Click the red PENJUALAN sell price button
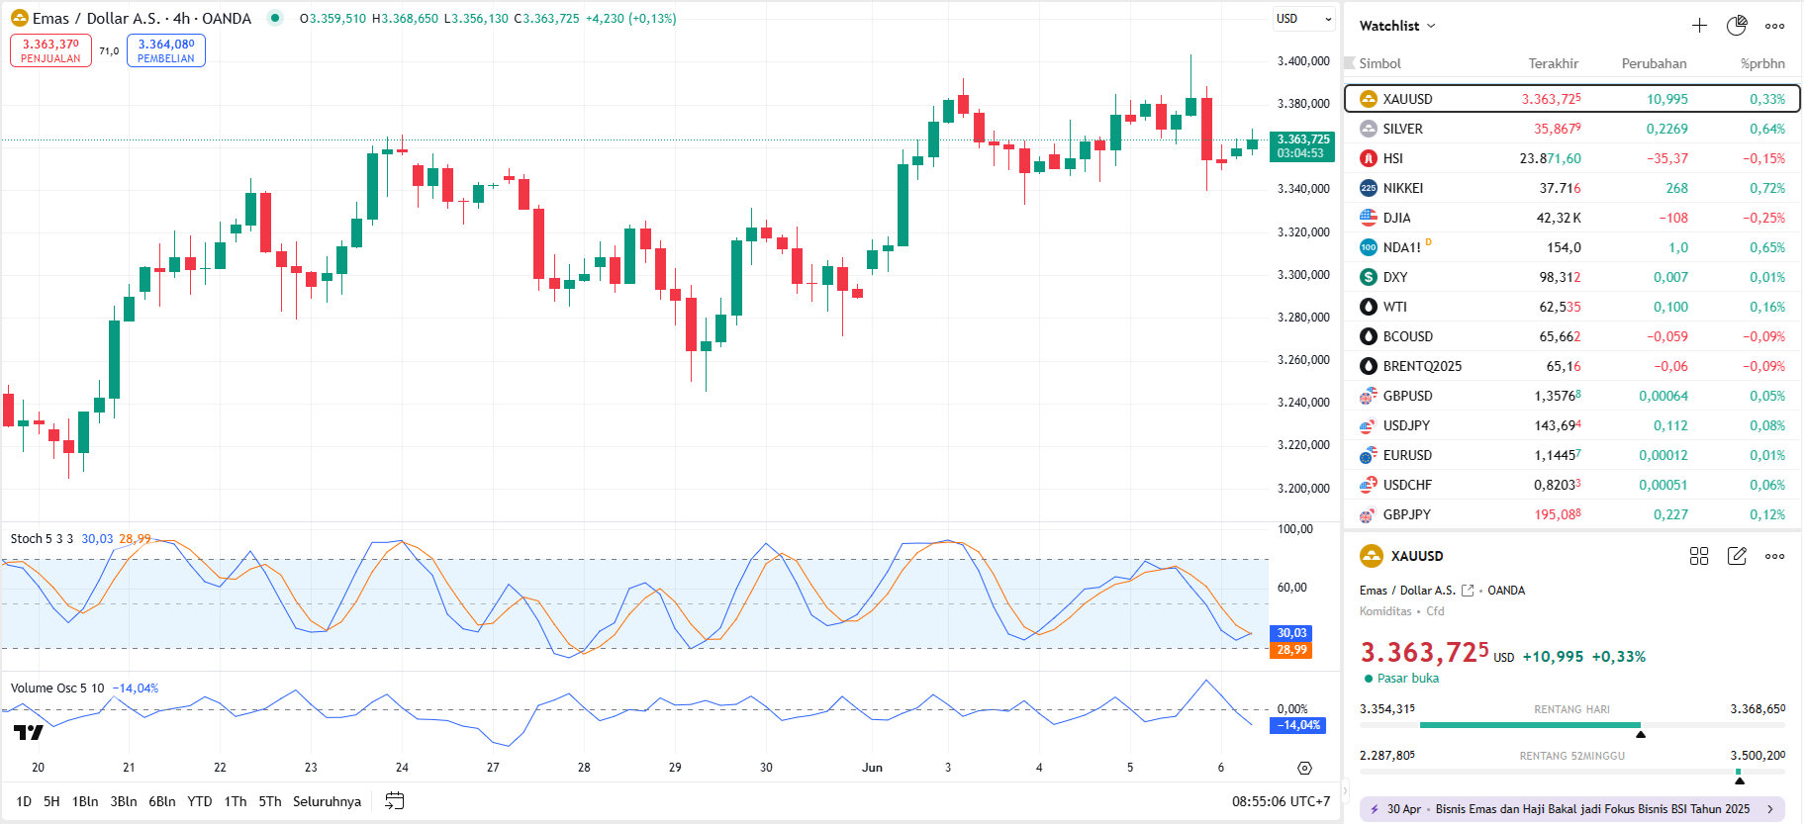(50, 50)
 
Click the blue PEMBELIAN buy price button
(166, 50)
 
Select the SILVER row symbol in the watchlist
(1402, 129)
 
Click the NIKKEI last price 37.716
(1560, 188)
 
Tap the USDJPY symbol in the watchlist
(1406, 425)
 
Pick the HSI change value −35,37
(1667, 158)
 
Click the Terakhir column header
(1553, 63)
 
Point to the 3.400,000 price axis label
(1303, 61)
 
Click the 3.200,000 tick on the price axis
(1303, 488)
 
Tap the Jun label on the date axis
(872, 768)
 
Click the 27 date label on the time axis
(493, 768)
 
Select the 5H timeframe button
(51, 801)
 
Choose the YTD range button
(200, 801)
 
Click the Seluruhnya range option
(327, 801)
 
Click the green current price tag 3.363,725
(1302, 146)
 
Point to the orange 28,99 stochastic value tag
(1290, 650)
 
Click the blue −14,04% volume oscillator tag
(1297, 725)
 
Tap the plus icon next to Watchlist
(1699, 26)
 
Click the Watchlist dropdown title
(1396, 26)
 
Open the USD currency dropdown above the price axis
(1303, 19)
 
